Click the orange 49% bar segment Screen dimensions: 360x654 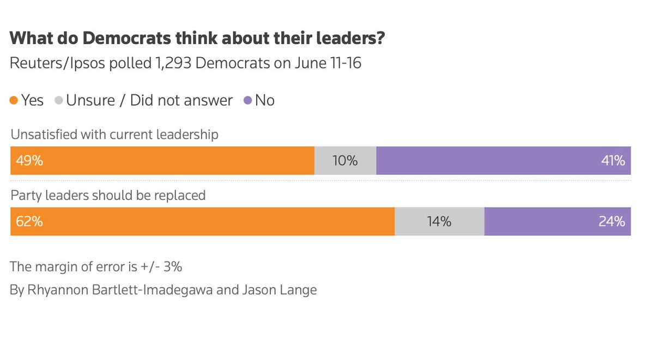click(x=162, y=161)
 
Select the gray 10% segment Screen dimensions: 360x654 click(x=345, y=161)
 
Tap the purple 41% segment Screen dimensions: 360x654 click(x=503, y=161)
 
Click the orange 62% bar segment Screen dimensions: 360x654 click(x=202, y=222)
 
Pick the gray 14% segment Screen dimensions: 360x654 click(x=439, y=222)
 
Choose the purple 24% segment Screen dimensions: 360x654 click(x=557, y=222)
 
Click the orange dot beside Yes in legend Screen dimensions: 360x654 click(x=14, y=101)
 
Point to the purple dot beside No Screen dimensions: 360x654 click(x=248, y=101)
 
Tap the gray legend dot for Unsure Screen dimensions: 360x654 click(x=59, y=101)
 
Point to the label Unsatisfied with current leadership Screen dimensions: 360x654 click(x=114, y=135)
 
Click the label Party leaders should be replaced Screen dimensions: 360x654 click(x=108, y=195)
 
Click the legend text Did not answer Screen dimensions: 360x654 click(x=181, y=101)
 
